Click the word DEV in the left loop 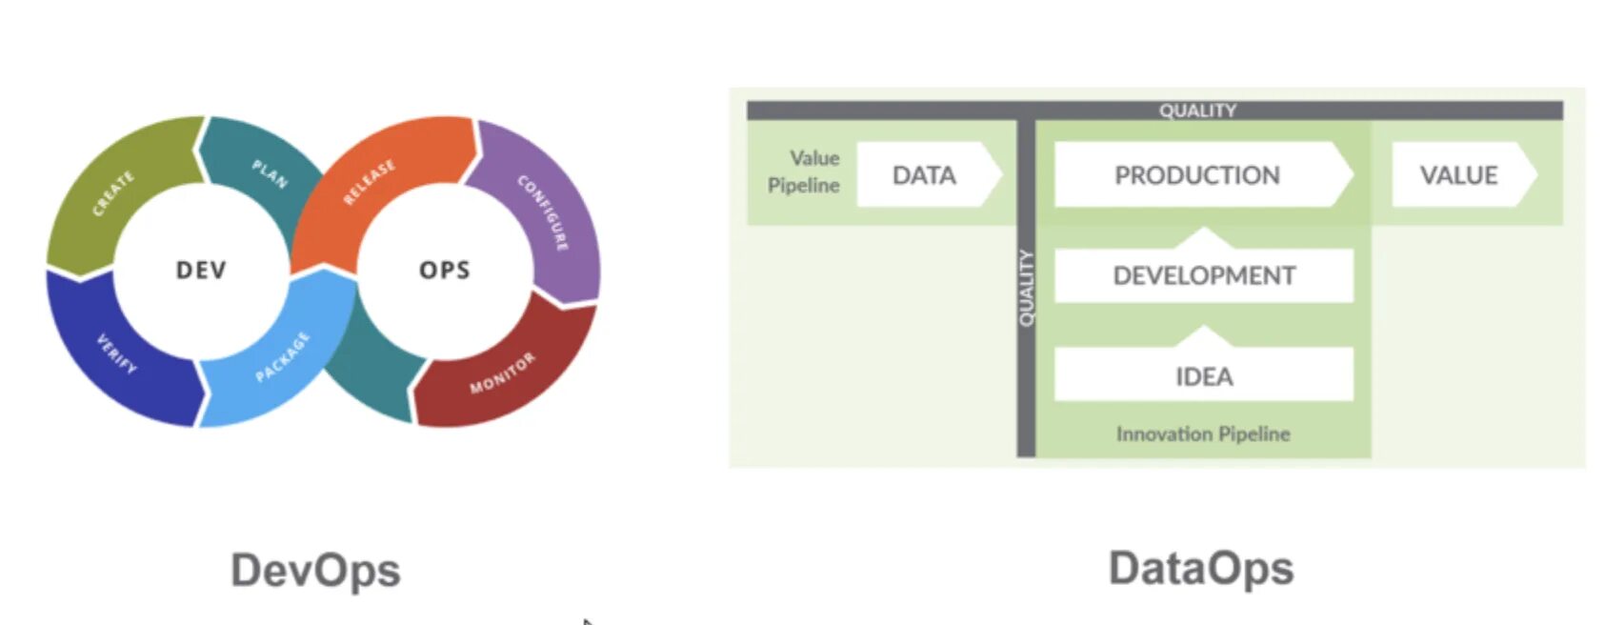tap(201, 270)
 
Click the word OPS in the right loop tap(445, 270)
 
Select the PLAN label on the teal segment tap(270, 173)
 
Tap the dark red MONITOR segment tap(503, 373)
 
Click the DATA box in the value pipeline tap(924, 175)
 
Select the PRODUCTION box tap(1197, 175)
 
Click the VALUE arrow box tap(1458, 175)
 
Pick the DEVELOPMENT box tap(1204, 275)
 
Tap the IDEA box tap(1204, 376)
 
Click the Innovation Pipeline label tap(1203, 434)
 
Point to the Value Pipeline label tap(805, 171)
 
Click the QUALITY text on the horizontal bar tap(1197, 111)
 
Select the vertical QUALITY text tap(1026, 288)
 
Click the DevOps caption tap(315, 571)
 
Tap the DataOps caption tap(1201, 569)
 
